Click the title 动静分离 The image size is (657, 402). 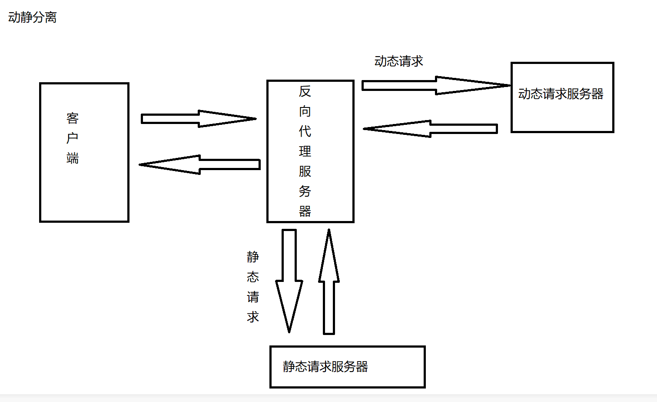[33, 17]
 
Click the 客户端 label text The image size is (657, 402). [73, 138]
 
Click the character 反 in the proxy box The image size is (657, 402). [305, 91]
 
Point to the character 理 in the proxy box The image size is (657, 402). [305, 151]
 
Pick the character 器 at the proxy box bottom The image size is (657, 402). [305, 211]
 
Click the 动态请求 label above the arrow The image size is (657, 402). [398, 61]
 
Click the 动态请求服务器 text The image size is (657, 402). [561, 94]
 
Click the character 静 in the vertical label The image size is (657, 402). [253, 257]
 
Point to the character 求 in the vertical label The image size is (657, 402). [253, 317]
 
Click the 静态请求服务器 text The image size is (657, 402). [325, 367]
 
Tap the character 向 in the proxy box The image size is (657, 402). [305, 111]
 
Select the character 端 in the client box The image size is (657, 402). [73, 158]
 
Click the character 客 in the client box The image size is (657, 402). [73, 118]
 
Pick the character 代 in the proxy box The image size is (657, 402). [305, 131]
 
